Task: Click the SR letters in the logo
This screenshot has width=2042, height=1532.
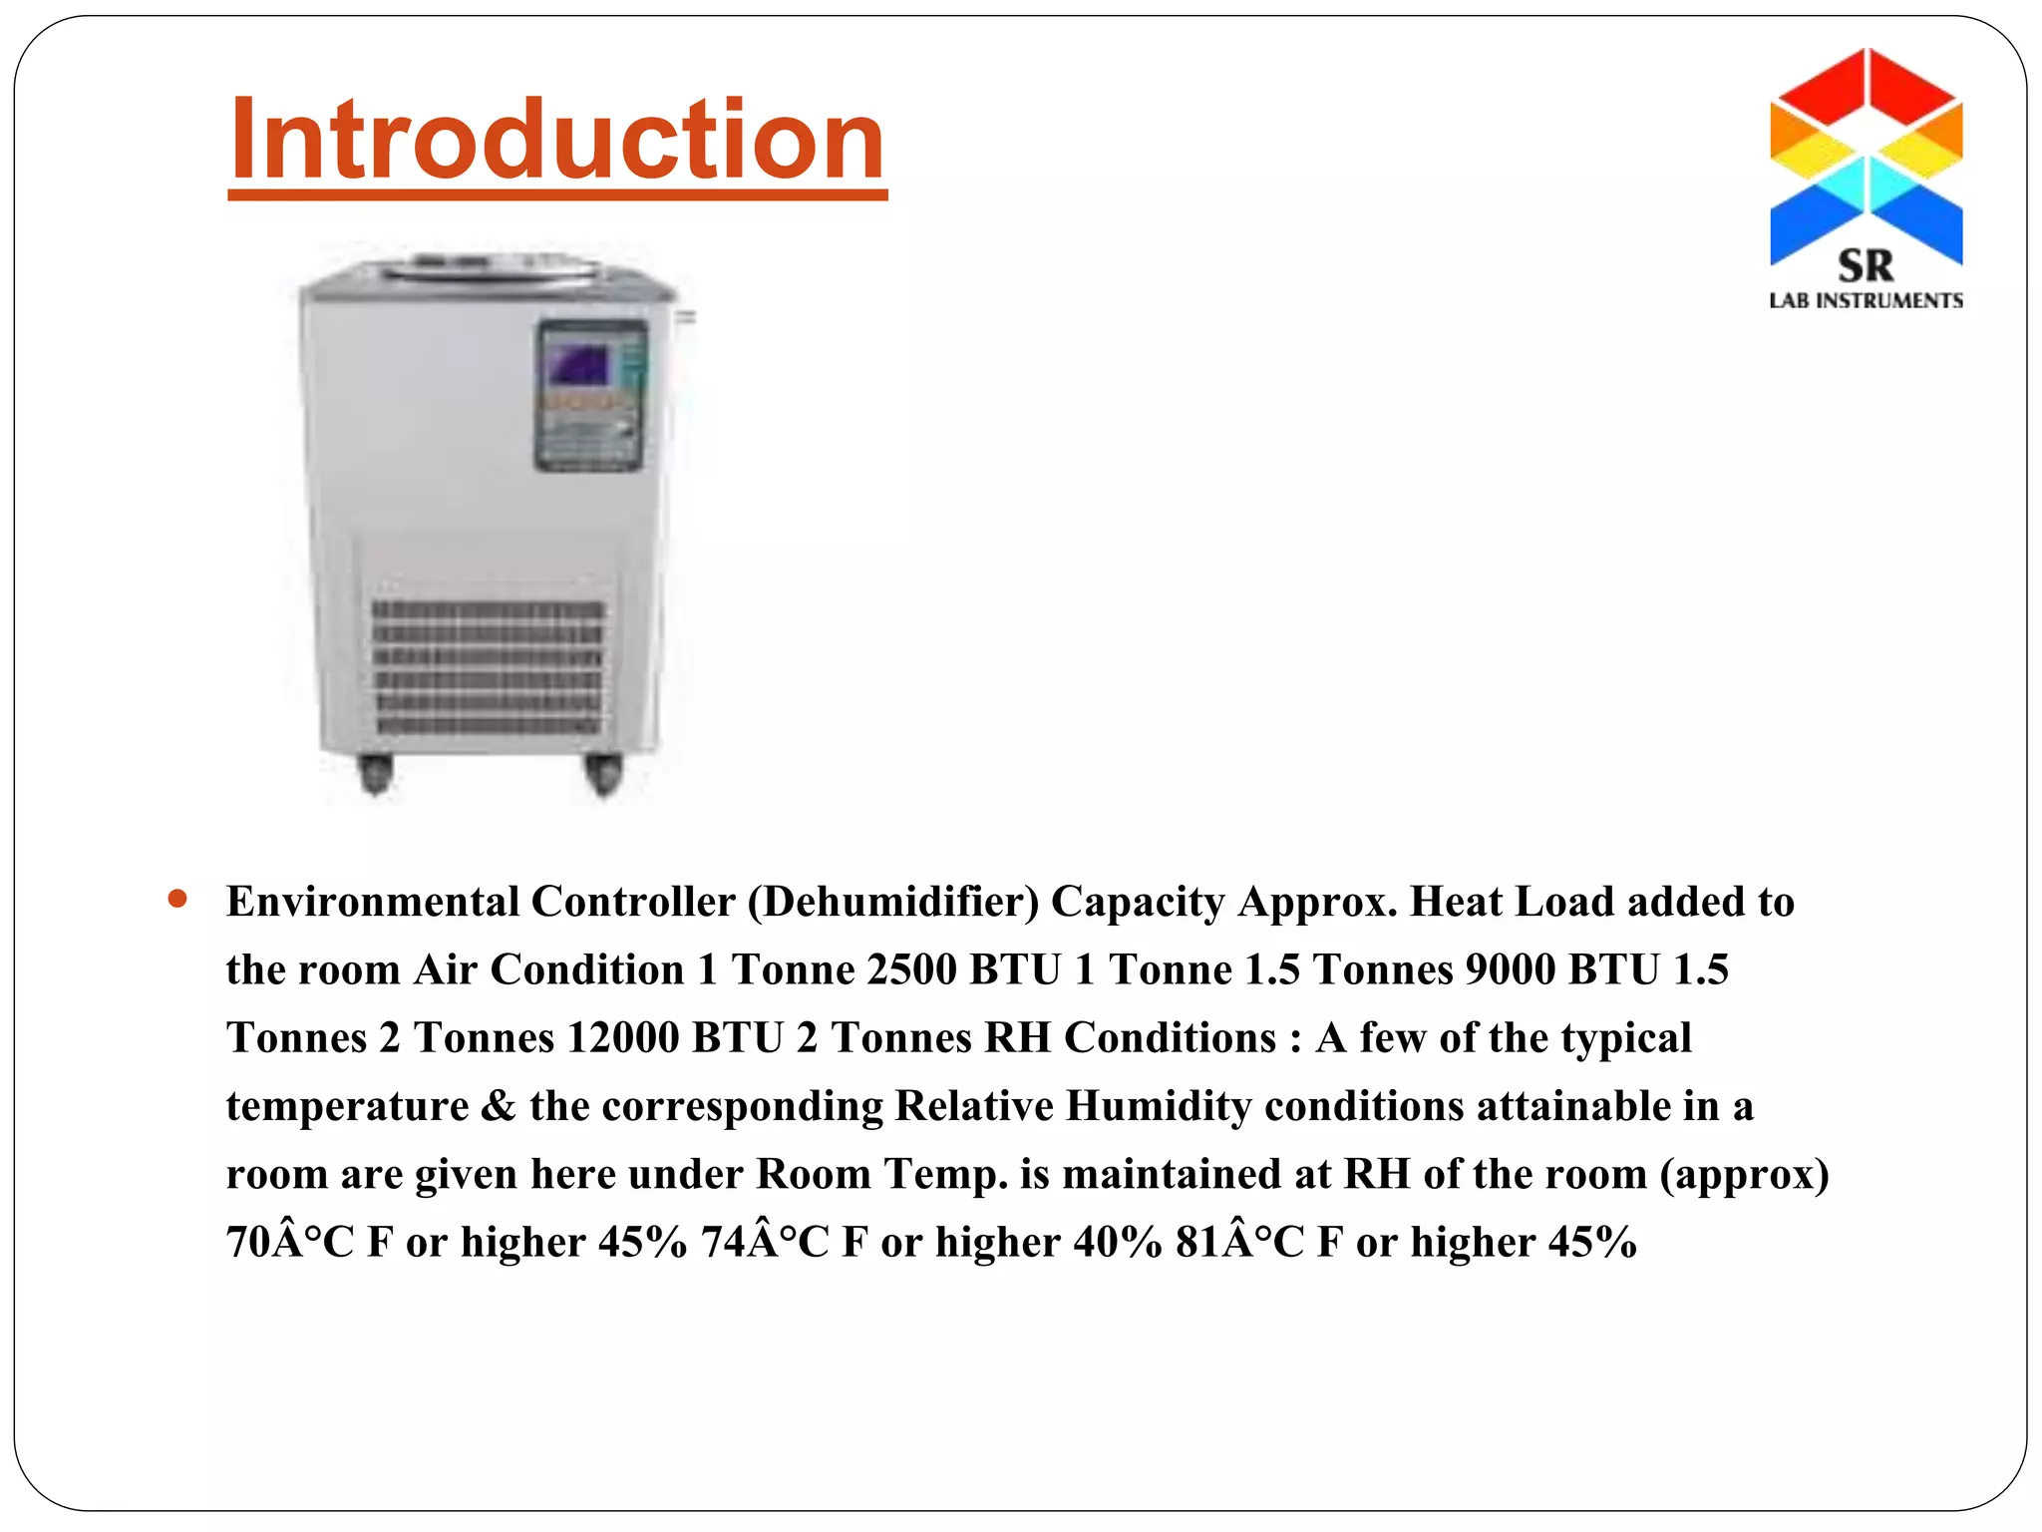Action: coord(1866,266)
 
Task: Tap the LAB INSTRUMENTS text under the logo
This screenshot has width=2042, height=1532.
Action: coord(1866,301)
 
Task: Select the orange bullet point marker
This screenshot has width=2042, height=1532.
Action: coord(178,900)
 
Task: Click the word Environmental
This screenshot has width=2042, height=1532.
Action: coord(372,902)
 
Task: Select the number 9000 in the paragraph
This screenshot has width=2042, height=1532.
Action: coord(1510,969)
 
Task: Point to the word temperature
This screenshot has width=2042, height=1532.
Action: coord(347,1106)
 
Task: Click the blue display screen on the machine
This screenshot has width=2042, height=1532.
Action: coord(577,365)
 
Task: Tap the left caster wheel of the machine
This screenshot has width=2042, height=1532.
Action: coord(375,773)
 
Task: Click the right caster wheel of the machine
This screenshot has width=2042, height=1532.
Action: coord(602,773)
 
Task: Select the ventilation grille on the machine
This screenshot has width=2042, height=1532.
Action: coord(489,667)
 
